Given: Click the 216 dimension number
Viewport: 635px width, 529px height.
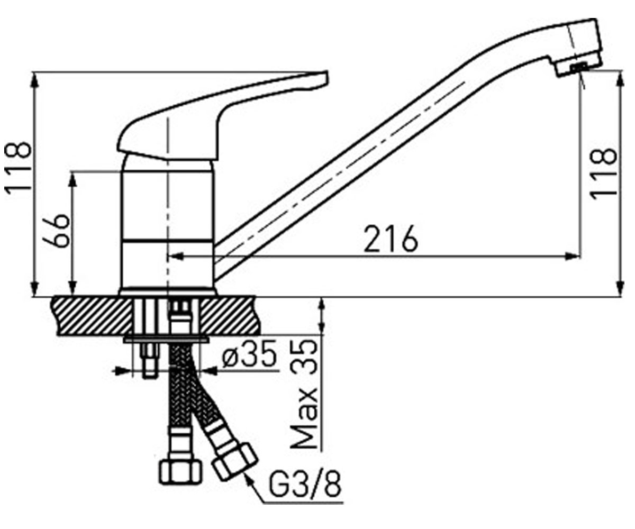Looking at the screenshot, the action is pyautogui.click(x=391, y=239).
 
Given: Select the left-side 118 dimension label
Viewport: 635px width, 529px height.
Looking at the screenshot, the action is pyautogui.click(x=17, y=167).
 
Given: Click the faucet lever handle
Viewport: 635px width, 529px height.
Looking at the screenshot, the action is pyautogui.click(x=222, y=116).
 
